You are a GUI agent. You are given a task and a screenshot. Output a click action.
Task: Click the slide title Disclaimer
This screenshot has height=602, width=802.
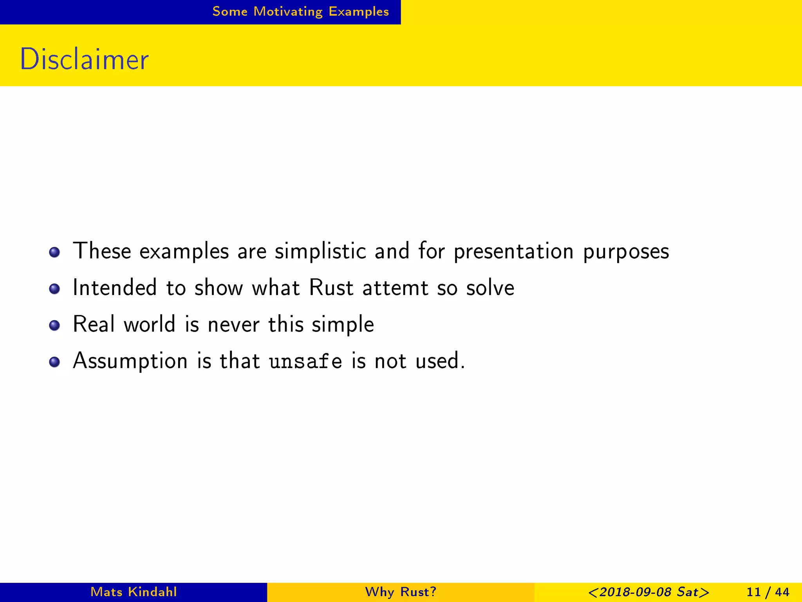coord(84,59)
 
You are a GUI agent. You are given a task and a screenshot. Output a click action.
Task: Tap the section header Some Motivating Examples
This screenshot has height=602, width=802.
coord(300,12)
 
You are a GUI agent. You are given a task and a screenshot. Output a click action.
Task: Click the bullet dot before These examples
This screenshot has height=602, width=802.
coord(54,252)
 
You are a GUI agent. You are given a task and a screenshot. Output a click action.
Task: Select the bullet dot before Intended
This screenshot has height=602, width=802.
coord(54,289)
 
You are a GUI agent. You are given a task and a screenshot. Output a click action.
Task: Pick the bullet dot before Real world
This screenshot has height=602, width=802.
coord(54,325)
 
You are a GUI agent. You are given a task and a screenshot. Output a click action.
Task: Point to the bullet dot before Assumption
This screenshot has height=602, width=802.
coord(54,362)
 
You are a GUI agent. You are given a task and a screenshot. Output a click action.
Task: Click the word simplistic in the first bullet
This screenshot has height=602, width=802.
coord(320,251)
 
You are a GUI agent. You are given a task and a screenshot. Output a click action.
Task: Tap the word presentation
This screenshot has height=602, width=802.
coord(513,251)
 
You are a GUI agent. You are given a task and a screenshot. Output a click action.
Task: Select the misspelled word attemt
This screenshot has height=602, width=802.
coord(395,288)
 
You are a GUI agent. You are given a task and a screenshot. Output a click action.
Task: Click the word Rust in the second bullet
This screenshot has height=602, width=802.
coord(331,288)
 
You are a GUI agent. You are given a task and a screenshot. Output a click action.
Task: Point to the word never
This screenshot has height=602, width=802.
coord(233,325)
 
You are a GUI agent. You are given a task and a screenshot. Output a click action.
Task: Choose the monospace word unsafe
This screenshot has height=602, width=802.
coord(305,361)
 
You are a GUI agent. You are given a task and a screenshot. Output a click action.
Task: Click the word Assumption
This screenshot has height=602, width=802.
coord(130,361)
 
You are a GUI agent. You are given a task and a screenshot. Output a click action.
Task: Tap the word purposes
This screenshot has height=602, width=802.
coord(626,252)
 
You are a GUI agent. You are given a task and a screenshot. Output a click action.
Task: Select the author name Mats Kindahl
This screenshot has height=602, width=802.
coord(134,592)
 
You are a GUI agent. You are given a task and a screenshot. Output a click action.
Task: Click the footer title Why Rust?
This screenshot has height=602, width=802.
coord(401,592)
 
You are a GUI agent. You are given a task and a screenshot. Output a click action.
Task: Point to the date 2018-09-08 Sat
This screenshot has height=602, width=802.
coord(648,592)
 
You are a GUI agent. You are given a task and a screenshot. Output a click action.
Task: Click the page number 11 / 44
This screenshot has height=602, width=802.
coord(768,592)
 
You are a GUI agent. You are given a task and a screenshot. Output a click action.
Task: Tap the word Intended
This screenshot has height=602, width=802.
coord(115,288)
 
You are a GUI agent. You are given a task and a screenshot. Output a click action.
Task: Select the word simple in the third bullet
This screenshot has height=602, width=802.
coord(343,325)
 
